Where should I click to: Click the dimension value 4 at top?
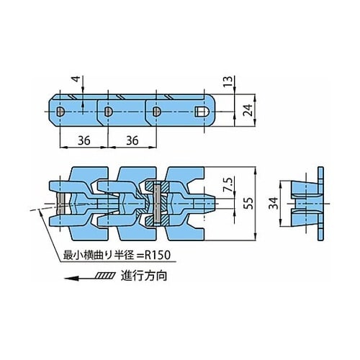tap(76, 79)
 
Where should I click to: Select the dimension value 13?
tap(229, 81)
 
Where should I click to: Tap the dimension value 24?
tap(248, 110)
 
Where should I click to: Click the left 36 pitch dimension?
tap(84, 140)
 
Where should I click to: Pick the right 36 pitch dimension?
tap(132, 140)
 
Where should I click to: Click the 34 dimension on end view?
tap(274, 203)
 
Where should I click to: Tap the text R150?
tap(157, 255)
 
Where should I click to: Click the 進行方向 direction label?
tap(144, 276)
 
